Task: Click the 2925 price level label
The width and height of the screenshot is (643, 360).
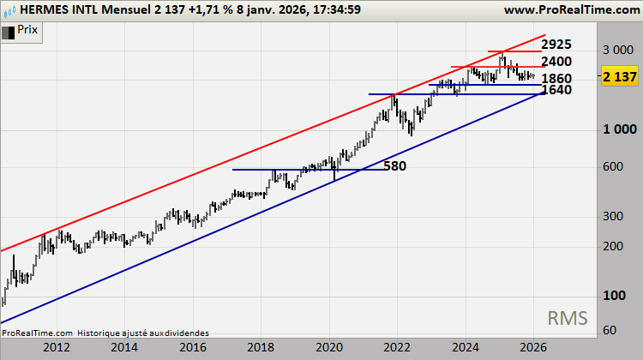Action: point(557,44)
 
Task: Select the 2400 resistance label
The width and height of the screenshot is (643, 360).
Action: point(556,62)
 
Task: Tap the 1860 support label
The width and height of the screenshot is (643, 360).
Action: point(556,79)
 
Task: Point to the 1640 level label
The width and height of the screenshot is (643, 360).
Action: point(556,90)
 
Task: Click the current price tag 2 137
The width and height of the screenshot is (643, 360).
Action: point(619,77)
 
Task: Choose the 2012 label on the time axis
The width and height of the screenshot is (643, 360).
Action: point(57,347)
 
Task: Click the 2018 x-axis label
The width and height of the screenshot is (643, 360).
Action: point(261,347)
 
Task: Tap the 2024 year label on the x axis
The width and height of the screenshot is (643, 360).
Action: point(465,347)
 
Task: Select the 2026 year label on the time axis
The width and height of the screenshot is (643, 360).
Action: point(532,347)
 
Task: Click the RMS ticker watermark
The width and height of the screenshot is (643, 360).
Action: point(568,319)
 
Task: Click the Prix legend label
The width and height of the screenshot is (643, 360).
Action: point(28,30)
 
